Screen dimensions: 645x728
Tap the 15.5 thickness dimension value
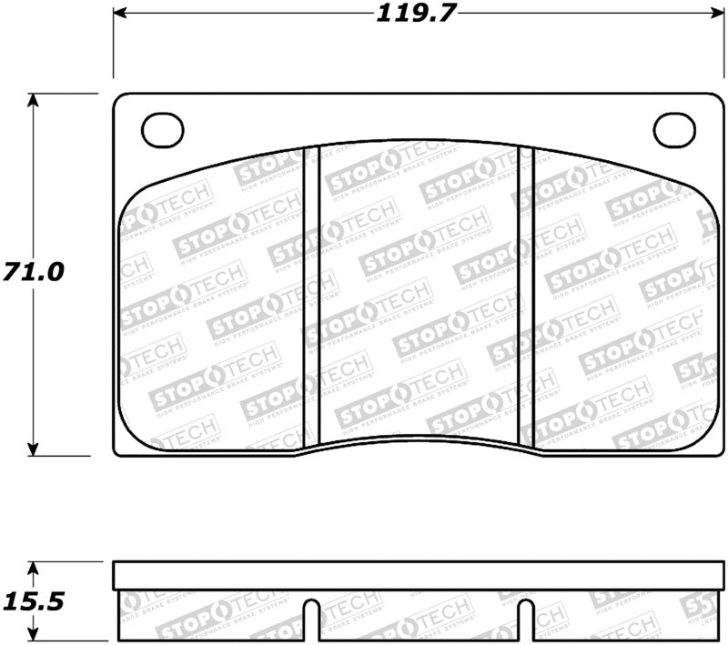click(34, 601)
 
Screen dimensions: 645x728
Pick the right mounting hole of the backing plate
click(675, 130)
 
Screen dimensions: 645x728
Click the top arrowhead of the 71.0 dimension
click(34, 101)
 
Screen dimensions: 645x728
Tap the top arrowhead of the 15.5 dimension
click(34, 568)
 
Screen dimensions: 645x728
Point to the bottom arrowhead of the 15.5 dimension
click(34, 634)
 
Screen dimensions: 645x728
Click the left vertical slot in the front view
click(310, 296)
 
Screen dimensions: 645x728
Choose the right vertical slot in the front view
click(525, 296)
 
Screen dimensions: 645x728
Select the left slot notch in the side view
click(310, 619)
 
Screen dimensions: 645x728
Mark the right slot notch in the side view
click(525, 619)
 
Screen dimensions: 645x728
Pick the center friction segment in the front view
click(418, 291)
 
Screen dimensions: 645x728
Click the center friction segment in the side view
click(418, 615)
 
